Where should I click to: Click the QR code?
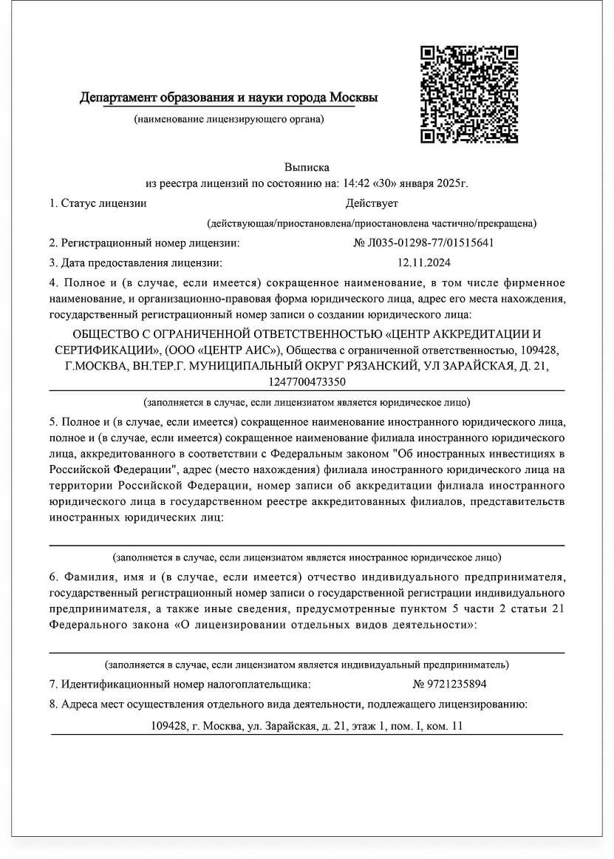click(x=468, y=94)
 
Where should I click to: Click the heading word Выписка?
click(x=307, y=168)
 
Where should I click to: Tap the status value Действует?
click(x=372, y=203)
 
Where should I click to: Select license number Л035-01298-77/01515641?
click(x=423, y=242)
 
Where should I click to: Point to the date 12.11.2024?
click(x=423, y=262)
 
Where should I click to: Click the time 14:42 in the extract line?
click(x=354, y=183)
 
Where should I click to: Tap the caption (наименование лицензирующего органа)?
click(x=228, y=119)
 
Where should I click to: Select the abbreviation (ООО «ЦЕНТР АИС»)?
click(x=223, y=349)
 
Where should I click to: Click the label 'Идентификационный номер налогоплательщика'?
click(x=185, y=685)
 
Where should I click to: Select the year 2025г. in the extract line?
click(x=451, y=183)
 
